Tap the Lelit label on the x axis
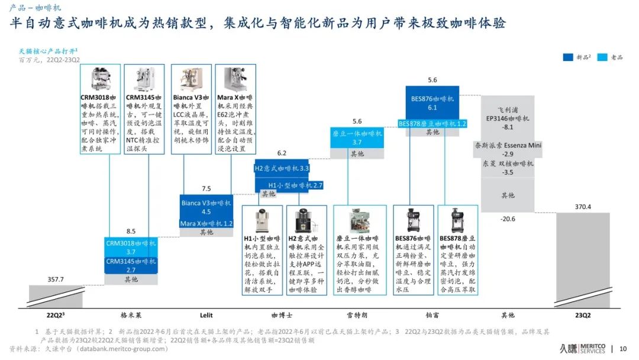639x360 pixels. [x=206, y=315]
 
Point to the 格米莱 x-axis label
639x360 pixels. [x=131, y=315]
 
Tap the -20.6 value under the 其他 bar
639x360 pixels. [x=507, y=219]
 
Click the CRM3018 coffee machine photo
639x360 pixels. [x=99, y=79]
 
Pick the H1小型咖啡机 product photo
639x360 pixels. [x=262, y=220]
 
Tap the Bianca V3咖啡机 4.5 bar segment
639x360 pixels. [x=206, y=207]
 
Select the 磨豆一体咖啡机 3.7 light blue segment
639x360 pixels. [x=357, y=138]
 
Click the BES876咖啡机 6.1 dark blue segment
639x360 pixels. [x=432, y=102]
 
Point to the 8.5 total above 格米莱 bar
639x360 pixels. [x=131, y=232]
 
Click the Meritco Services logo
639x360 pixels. [x=583, y=349]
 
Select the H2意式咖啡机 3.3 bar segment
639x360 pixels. [x=282, y=168]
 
